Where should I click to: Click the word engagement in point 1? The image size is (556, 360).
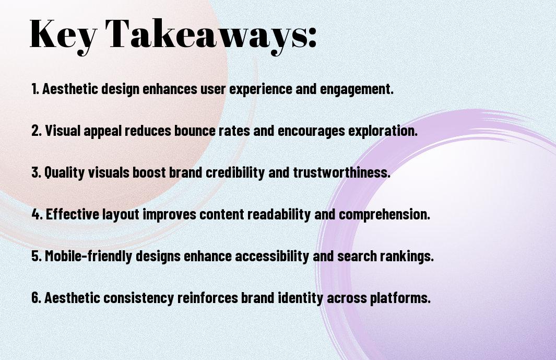[357, 89]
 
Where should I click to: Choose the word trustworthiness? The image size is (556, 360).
[341, 172]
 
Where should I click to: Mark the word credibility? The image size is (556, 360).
[235, 173]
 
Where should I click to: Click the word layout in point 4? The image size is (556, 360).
[121, 215]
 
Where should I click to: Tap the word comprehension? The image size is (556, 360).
[384, 215]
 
